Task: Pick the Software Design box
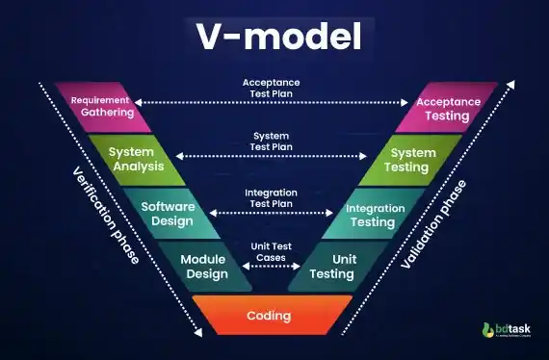click(167, 214)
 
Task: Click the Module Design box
click(202, 267)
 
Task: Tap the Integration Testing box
click(376, 214)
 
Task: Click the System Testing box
click(410, 159)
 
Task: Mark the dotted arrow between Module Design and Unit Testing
click(274, 268)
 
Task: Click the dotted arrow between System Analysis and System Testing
click(274, 156)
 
